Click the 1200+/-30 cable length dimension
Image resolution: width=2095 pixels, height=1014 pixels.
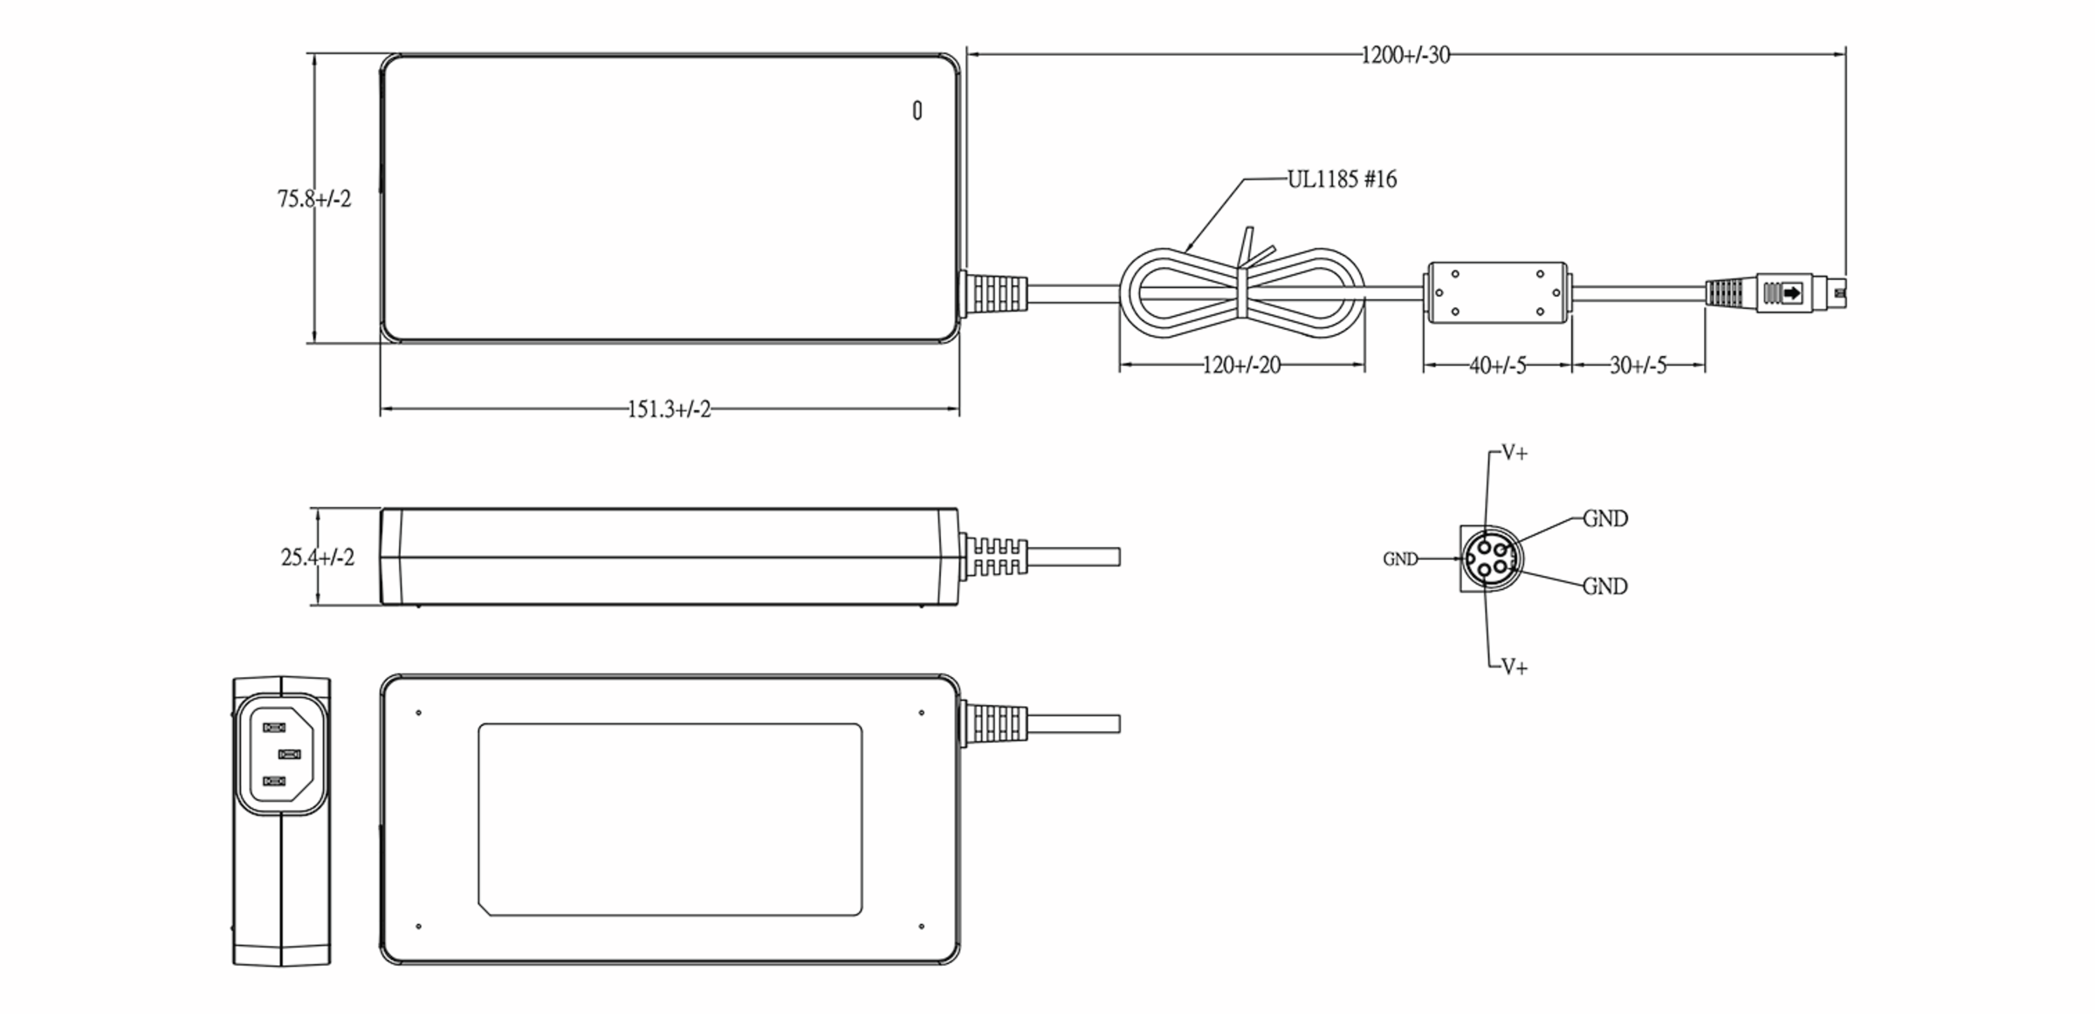click(1405, 56)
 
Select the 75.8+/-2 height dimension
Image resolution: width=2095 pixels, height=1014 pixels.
click(314, 199)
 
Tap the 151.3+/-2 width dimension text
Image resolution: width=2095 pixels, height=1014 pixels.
click(669, 409)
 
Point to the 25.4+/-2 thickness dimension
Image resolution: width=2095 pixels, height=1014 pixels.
click(318, 557)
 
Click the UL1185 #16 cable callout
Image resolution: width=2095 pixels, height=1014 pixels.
click(1342, 180)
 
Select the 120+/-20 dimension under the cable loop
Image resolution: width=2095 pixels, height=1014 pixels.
click(1241, 366)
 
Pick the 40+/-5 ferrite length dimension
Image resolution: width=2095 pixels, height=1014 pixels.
click(1497, 366)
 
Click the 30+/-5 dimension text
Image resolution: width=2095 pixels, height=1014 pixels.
click(1638, 366)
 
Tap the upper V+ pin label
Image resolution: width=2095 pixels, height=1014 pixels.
click(1515, 453)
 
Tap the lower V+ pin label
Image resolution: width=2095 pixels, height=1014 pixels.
click(1515, 668)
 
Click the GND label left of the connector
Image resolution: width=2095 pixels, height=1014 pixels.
click(1400, 559)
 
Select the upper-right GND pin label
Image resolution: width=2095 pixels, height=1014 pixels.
click(1604, 518)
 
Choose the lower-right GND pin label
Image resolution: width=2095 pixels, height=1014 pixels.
click(1604, 586)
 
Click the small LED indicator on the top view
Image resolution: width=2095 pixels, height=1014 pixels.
click(917, 111)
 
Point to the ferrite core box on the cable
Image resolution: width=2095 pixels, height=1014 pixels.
click(1496, 293)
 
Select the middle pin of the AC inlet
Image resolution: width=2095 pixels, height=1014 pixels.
click(289, 754)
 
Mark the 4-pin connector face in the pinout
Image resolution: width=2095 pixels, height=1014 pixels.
click(1491, 558)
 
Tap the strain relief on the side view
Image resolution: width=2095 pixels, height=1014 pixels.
click(994, 557)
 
